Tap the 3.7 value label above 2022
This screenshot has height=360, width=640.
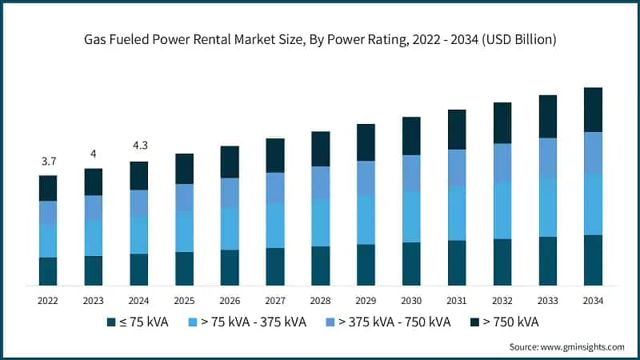pos(48,162)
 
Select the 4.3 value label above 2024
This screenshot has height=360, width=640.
pos(139,146)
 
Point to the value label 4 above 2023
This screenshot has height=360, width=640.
pos(94,154)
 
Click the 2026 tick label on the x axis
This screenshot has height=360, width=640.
pos(230,300)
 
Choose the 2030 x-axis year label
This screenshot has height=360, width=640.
pos(411,300)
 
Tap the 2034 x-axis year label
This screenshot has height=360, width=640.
pos(593,300)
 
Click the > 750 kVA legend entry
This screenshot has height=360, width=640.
pos(504,322)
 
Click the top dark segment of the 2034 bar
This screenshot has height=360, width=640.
pos(593,110)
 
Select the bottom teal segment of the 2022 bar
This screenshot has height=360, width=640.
pos(48,271)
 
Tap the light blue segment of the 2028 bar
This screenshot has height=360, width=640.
pos(321,222)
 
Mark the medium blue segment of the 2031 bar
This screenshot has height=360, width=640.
pos(457,168)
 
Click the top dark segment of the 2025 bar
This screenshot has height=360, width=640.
pos(185,169)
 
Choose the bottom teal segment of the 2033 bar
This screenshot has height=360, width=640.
pos(547,261)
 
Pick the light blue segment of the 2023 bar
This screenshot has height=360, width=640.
pos(94,238)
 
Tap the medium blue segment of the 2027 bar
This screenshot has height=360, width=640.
pos(275,187)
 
